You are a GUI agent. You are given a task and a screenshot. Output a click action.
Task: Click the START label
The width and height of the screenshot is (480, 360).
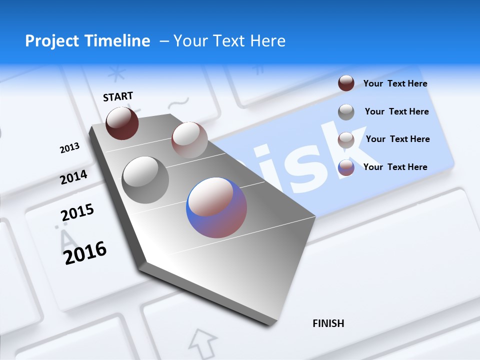pos(118,96)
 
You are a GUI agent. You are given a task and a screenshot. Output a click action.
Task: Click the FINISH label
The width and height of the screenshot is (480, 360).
pos(328,323)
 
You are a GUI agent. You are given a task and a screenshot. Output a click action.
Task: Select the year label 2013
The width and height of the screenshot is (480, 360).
pos(69,148)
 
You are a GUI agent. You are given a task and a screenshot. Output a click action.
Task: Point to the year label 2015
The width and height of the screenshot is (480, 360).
pos(77,212)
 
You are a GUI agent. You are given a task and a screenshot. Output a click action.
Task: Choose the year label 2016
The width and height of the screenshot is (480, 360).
pos(85,253)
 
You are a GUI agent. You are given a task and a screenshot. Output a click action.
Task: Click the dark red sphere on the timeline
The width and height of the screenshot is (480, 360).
pos(122,123)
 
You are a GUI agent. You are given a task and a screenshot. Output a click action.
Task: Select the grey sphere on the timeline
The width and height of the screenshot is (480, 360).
pos(145,180)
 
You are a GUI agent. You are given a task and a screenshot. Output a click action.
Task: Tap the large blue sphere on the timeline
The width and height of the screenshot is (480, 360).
pos(216,207)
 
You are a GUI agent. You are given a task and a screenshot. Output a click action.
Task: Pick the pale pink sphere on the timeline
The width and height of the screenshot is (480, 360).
pos(189,140)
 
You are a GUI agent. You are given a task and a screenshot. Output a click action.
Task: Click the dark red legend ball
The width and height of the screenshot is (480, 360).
pos(346,83)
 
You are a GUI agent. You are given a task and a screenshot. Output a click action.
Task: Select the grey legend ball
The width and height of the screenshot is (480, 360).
pos(346,111)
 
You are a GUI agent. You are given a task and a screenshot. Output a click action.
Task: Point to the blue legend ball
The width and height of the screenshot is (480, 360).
pos(346,167)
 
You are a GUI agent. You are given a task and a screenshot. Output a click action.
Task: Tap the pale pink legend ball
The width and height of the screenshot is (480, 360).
pos(346,139)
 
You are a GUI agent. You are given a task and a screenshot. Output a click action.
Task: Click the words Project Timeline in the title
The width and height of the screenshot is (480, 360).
pos(87,41)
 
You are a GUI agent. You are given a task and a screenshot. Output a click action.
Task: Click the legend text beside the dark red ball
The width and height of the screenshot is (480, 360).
pos(395,83)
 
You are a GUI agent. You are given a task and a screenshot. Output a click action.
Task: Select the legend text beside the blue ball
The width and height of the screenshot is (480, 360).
pos(395,167)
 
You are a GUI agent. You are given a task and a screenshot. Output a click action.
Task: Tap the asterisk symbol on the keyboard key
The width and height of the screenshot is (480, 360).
pos(117,74)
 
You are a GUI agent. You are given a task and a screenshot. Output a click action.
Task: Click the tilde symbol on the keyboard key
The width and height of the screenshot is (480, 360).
pos(177,103)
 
